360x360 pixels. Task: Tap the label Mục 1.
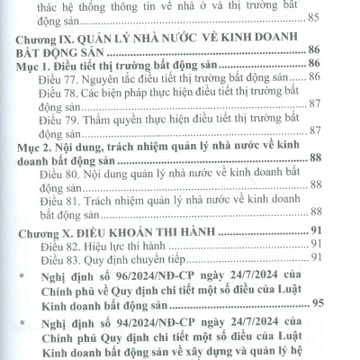coord(37,91)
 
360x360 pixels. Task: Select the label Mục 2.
coord(37,171)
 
